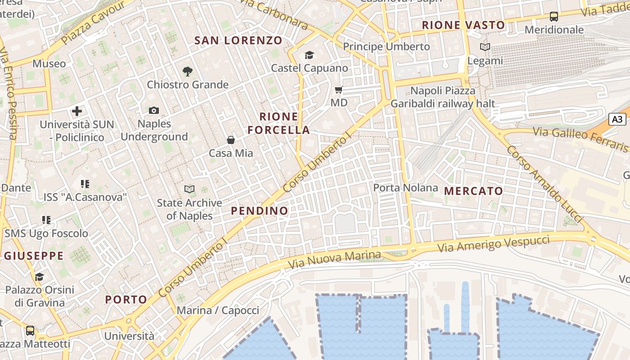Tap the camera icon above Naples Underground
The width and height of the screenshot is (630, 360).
pos(154,110)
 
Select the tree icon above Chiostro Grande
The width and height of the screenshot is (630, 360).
pos(188,71)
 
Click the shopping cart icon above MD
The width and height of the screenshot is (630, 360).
pos(339,90)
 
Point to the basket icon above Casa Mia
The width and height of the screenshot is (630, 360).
pos(231,140)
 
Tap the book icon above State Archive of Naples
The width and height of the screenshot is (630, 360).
pos(189,189)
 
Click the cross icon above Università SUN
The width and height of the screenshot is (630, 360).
pos(77,111)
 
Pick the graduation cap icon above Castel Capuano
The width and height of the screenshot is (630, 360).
pos(309,55)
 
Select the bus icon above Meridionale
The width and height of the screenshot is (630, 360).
pos(554,17)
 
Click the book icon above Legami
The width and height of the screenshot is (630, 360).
pos(485,47)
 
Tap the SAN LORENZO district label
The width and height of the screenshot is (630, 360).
pos(238,40)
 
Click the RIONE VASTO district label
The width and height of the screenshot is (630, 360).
pos(463,25)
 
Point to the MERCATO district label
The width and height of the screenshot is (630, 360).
pos(473,191)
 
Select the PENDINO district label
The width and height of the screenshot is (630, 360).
pos(260,211)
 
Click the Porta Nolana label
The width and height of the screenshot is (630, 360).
pos(405,188)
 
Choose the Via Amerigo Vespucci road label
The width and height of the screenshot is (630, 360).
pos(494,243)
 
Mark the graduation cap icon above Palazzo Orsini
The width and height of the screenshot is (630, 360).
pos(40,276)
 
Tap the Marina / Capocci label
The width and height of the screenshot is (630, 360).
pos(218,310)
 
